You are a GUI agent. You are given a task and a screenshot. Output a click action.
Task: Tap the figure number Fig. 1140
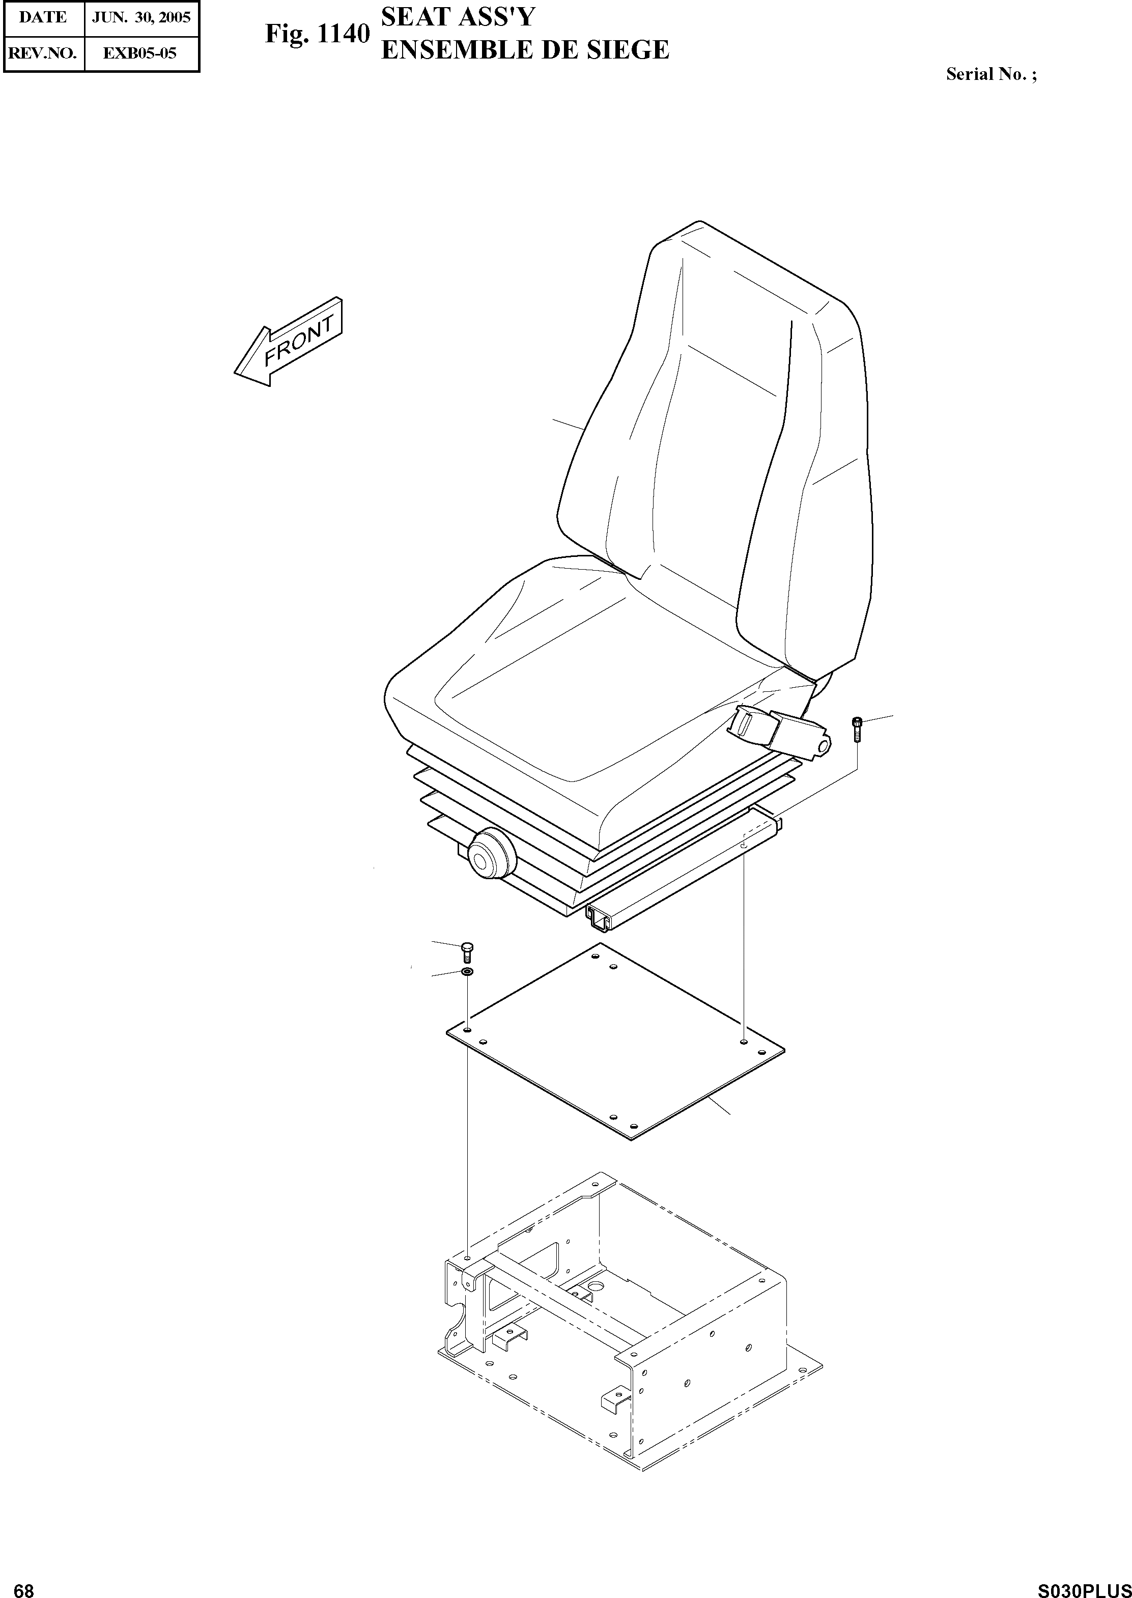pos(317,34)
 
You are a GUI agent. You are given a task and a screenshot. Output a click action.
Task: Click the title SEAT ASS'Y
pos(457,17)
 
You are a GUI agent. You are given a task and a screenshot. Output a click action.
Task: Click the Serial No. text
pos(991,75)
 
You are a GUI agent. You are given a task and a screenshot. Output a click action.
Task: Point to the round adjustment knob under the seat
pos(490,856)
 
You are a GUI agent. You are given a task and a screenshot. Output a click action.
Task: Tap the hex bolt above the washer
pos(467,951)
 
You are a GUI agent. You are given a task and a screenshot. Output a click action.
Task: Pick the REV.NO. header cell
pos(43,53)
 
